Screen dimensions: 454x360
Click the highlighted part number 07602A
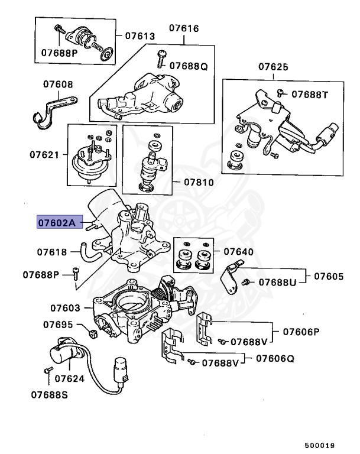tap(56, 223)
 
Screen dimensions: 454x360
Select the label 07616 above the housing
tap(184, 28)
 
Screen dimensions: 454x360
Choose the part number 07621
tap(45, 155)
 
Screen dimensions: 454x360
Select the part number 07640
tap(239, 252)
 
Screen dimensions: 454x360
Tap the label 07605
tap(329, 276)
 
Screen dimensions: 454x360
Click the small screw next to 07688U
tap(250, 283)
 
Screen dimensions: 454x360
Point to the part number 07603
tap(65, 308)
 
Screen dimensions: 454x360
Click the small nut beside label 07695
tap(92, 335)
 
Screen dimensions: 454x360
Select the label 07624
tap(70, 378)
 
